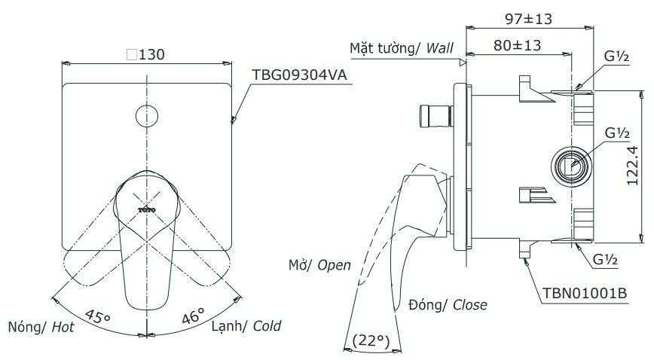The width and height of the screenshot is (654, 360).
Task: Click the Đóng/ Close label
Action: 448,305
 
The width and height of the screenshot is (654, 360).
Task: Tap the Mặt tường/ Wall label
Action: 401,48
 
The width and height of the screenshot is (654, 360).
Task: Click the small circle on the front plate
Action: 145,116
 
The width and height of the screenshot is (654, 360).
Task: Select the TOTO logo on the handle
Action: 146,208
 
